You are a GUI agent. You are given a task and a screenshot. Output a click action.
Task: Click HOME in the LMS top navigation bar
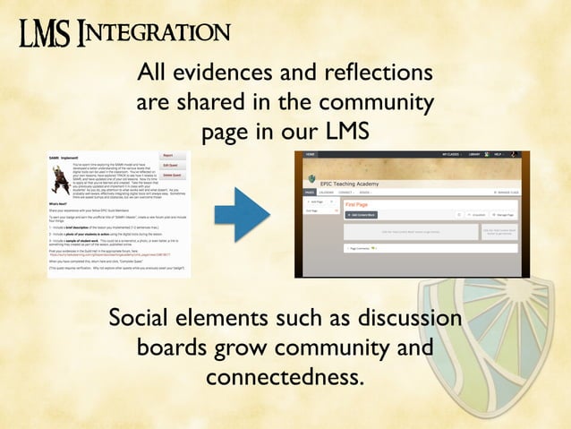[311, 155]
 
